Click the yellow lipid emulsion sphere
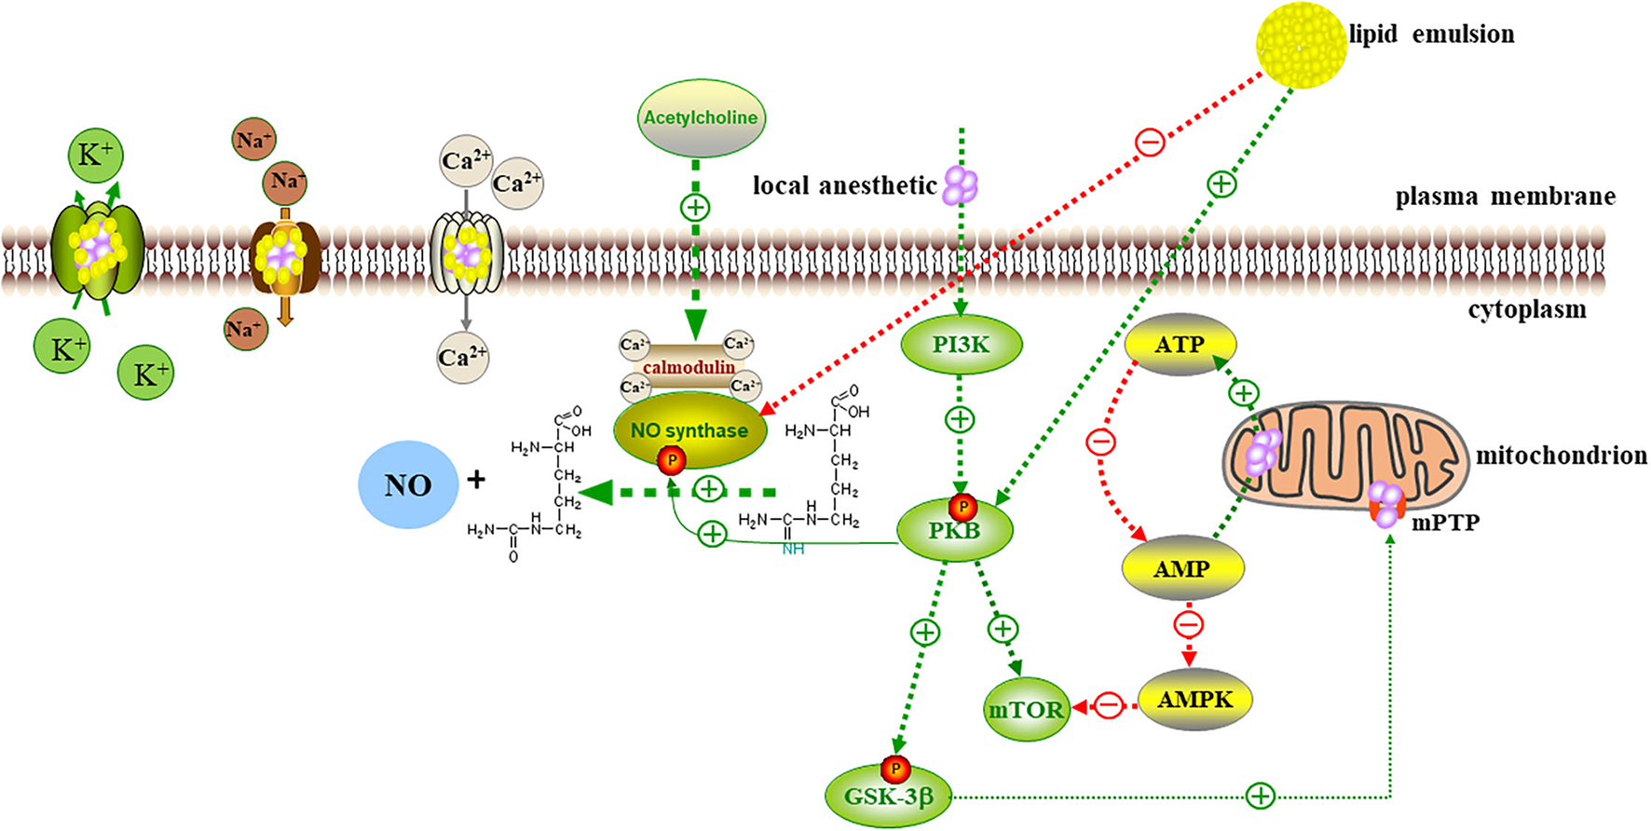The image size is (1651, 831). (x=1301, y=44)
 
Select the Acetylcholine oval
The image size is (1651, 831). (x=701, y=118)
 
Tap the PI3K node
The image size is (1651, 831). (x=961, y=345)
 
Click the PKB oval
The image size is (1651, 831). (x=954, y=531)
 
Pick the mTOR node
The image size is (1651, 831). (x=1025, y=710)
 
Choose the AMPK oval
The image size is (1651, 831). (x=1195, y=700)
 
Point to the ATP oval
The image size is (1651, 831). (x=1180, y=345)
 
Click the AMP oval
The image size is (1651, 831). (x=1181, y=568)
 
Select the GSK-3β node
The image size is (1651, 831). (x=888, y=797)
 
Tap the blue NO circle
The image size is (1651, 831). (x=408, y=484)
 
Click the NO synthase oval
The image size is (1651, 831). (x=689, y=430)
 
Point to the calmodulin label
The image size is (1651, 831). (x=689, y=367)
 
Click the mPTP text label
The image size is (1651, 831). (x=1445, y=523)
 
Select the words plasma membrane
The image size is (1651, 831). (x=1505, y=197)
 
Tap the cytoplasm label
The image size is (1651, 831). (x=1526, y=310)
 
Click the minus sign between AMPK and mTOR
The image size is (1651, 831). (x=1109, y=705)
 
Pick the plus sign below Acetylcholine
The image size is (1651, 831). (x=695, y=207)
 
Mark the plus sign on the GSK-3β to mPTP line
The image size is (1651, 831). (x=1260, y=796)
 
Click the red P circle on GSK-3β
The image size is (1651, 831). (x=894, y=769)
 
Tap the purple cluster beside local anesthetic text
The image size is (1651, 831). (x=961, y=185)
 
